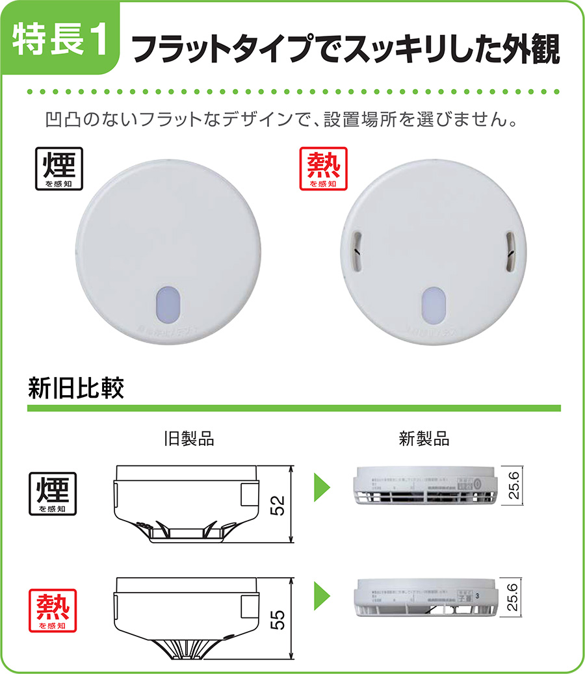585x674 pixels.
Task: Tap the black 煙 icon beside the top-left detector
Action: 58,168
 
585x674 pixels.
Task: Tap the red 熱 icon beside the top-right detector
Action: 323,168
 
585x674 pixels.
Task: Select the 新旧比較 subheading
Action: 76,388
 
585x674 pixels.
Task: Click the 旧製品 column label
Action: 188,439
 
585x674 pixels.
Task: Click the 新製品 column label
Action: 424,439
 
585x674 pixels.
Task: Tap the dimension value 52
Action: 279,503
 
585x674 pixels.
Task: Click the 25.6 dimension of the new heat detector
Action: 513,597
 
